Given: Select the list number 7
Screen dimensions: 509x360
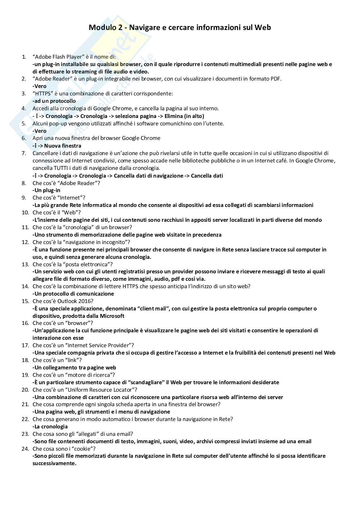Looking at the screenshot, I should point(24,153).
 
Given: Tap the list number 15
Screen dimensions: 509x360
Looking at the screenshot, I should point(25,301).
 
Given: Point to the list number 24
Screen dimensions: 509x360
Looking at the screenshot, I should point(25,449).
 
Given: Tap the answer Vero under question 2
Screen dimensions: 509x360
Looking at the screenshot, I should point(40,86).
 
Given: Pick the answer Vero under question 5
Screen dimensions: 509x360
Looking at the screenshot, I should point(40,131).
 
